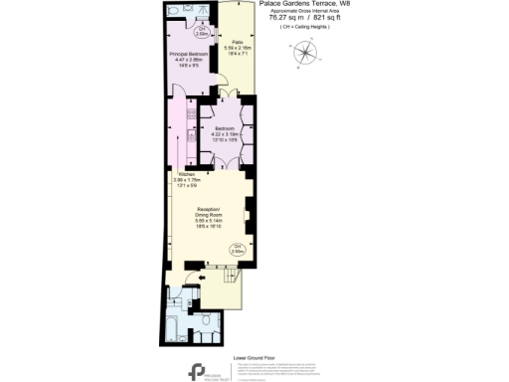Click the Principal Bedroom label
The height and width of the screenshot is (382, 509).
[189, 53]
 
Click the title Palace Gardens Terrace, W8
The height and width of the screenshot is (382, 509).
[303, 4]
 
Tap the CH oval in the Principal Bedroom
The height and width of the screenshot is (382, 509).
[201, 32]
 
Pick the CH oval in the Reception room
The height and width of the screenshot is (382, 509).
[237, 249]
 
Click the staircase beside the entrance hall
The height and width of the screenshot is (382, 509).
[227, 290]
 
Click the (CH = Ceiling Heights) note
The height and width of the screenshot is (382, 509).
[303, 29]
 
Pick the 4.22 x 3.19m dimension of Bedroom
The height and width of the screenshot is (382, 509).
[226, 134]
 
